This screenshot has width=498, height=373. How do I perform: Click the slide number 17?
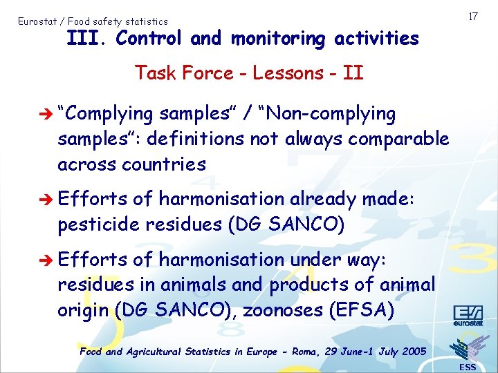pyautogui.click(x=473, y=15)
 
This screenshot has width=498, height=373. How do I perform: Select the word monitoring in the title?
pyautogui.click(x=277, y=39)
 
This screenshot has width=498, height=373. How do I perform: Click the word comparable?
pyautogui.click(x=398, y=139)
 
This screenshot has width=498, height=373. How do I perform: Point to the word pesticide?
pyautogui.click(x=99, y=225)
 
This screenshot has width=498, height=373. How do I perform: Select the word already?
pyautogui.click(x=324, y=199)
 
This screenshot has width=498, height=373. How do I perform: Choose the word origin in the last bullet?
pyautogui.click(x=83, y=311)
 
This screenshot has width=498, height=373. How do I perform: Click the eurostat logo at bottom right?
pyautogui.click(x=468, y=316)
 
